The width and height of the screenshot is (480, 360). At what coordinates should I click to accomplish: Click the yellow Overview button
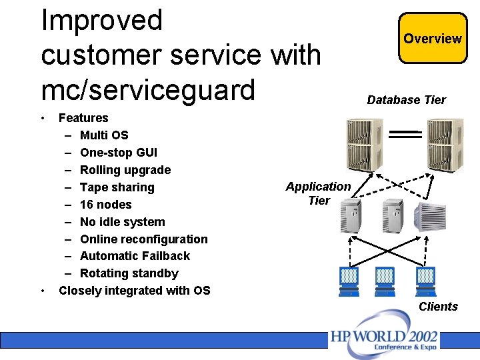point(433,39)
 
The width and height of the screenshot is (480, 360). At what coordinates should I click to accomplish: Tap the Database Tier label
point(406,100)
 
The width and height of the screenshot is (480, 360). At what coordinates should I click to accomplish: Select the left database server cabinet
point(365,145)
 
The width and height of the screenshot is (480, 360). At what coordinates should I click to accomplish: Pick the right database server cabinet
point(445,145)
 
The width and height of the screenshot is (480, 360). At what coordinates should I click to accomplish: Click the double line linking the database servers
point(405,134)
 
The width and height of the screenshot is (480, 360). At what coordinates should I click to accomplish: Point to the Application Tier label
point(319,193)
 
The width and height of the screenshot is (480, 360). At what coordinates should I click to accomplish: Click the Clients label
point(438,307)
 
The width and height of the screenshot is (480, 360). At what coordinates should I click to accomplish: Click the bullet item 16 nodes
point(106,205)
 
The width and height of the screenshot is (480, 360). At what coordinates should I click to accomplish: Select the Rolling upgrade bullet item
point(125,170)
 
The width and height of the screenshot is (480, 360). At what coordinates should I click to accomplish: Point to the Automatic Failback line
point(135,256)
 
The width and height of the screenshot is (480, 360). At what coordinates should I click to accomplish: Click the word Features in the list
point(83,118)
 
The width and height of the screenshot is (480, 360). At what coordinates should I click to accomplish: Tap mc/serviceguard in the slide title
point(148,89)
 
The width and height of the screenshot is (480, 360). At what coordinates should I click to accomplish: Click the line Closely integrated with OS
point(134,291)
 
